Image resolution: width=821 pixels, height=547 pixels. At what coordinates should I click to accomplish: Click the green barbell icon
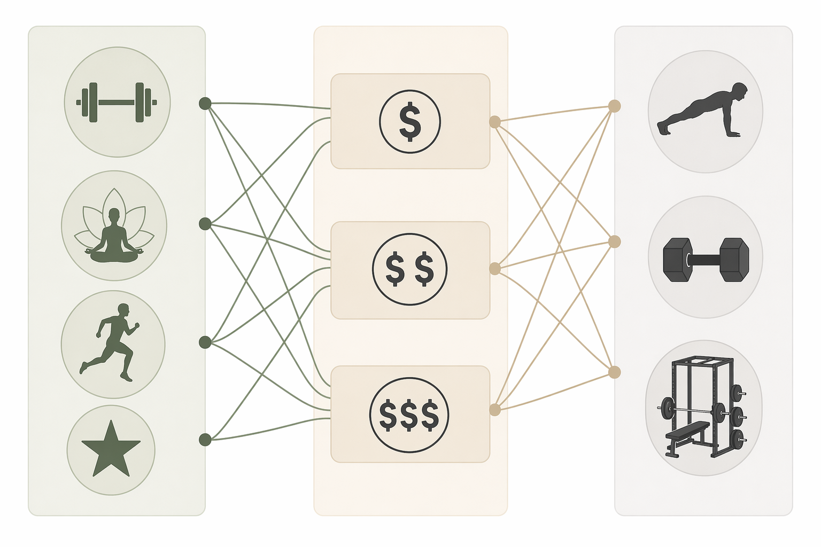click(x=117, y=102)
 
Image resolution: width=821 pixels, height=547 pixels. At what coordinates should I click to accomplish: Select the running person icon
click(x=110, y=342)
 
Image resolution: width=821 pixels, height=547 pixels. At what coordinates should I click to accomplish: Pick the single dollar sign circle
click(x=410, y=121)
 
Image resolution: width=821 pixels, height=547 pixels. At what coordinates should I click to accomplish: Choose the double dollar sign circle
click(x=409, y=269)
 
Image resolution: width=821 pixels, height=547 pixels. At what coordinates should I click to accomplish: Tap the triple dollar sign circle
click(x=409, y=415)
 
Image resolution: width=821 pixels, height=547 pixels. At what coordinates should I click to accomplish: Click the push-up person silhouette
click(x=702, y=110)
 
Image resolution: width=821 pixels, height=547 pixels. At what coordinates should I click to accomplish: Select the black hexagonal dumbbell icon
click(x=706, y=260)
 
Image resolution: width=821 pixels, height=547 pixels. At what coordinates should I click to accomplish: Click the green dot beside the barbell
click(x=205, y=104)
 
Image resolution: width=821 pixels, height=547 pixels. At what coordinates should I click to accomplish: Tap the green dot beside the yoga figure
click(x=205, y=223)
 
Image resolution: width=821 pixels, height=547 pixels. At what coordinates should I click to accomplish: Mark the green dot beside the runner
click(x=205, y=342)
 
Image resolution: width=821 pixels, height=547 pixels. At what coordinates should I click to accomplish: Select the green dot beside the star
click(x=205, y=440)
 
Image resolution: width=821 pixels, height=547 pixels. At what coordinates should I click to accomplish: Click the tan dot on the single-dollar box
click(x=495, y=122)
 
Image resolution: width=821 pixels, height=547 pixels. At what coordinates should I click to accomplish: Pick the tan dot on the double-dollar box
click(x=495, y=269)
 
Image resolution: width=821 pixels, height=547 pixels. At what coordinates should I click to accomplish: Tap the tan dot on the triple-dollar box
click(x=495, y=410)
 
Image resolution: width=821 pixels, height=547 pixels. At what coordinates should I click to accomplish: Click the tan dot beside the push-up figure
click(x=615, y=106)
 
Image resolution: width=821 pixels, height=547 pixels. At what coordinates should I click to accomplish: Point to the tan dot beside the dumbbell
click(x=615, y=242)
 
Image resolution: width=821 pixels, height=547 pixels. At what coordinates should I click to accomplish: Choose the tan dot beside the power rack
click(x=615, y=372)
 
